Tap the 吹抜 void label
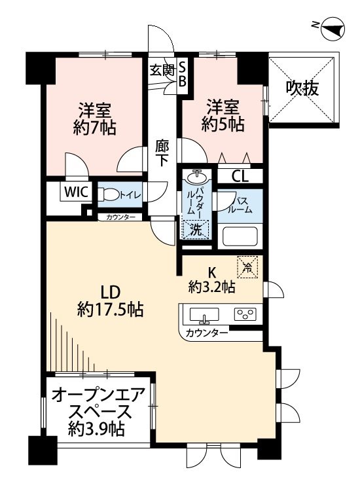(x=302, y=88)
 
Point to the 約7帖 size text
(x=94, y=128)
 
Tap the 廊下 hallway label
(x=163, y=155)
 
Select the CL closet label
(x=240, y=176)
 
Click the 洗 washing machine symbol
(x=196, y=228)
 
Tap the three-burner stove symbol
(x=246, y=315)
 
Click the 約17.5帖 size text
(x=110, y=308)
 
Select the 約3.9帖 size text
(x=97, y=429)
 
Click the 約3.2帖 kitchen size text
(x=212, y=287)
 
